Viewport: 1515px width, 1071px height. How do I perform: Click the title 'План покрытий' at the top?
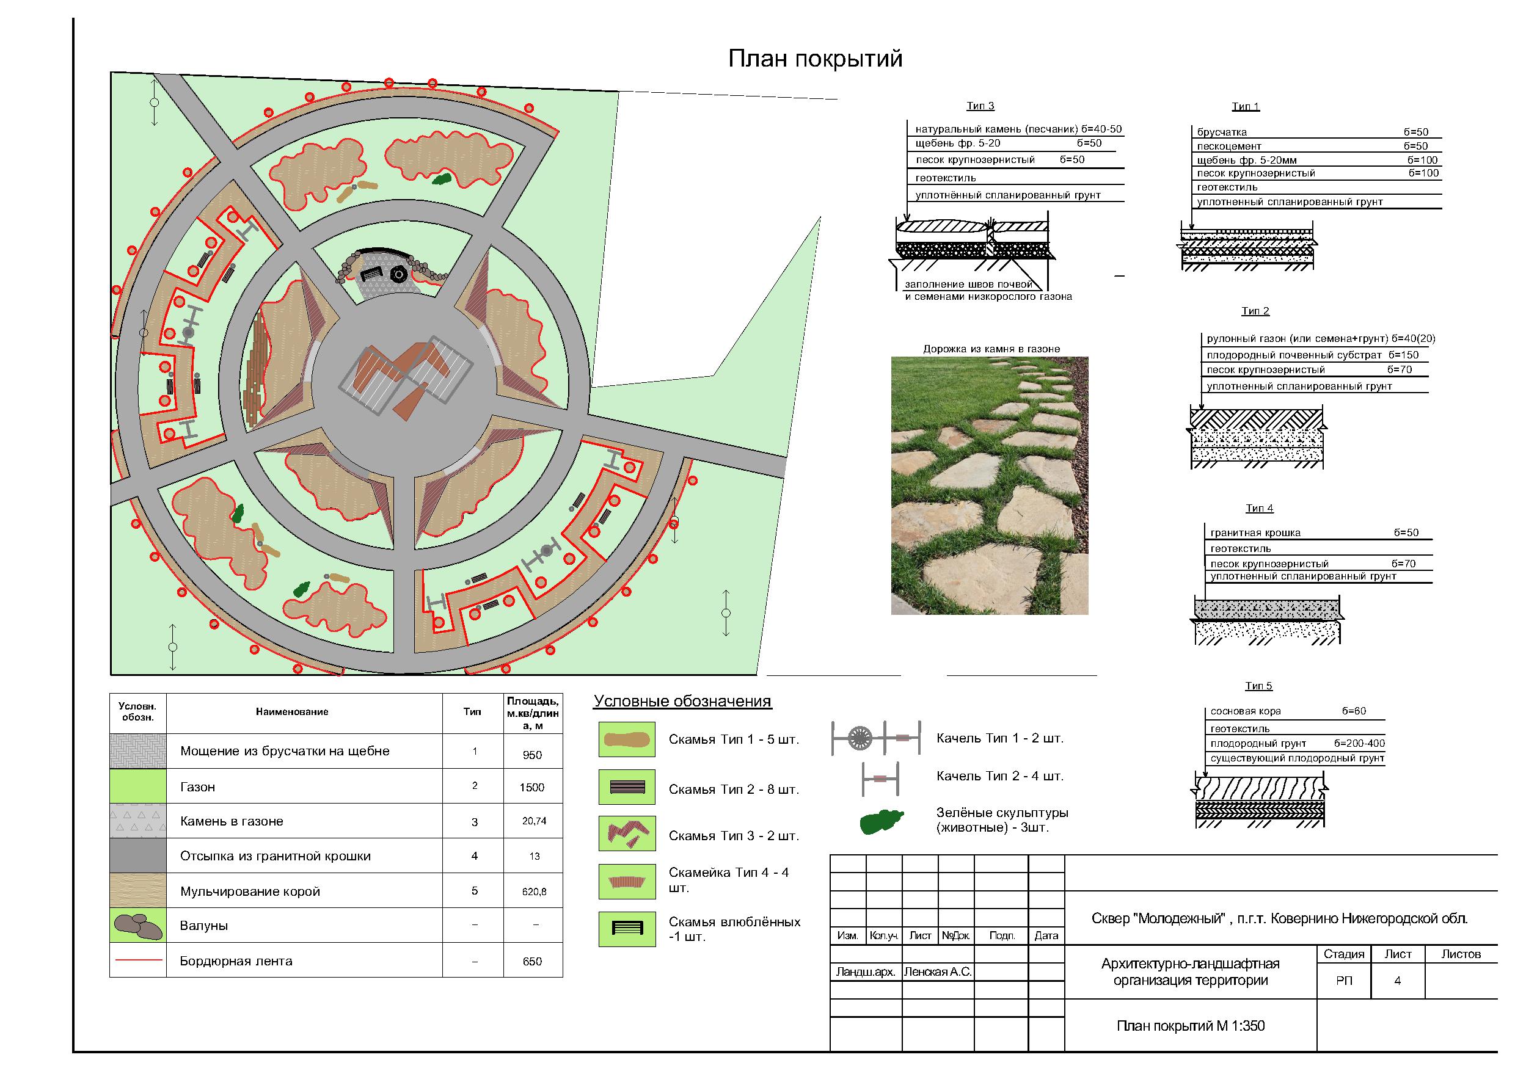pos(815,59)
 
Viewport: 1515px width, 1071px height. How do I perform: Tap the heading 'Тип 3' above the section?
pos(980,106)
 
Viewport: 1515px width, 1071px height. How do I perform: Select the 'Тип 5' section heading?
pos(1258,686)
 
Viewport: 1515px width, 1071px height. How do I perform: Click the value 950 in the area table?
pos(532,755)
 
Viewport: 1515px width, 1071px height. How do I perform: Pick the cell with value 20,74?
pos(534,821)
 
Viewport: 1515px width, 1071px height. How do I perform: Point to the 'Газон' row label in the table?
pos(197,786)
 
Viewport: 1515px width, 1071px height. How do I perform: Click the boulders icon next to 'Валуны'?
pos(138,926)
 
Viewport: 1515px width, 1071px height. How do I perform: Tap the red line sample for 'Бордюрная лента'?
pos(138,960)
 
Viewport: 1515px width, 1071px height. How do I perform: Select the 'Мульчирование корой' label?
pos(250,891)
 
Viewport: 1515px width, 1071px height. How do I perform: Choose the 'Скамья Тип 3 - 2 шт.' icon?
pos(627,833)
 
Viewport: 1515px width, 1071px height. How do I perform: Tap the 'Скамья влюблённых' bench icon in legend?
pos(627,929)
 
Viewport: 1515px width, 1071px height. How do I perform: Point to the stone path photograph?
pos(989,486)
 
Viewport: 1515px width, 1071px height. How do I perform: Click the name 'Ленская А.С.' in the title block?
pos(938,971)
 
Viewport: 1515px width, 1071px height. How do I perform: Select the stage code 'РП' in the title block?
pos(1343,981)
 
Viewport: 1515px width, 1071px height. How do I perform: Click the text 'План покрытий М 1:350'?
pos(1191,1025)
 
